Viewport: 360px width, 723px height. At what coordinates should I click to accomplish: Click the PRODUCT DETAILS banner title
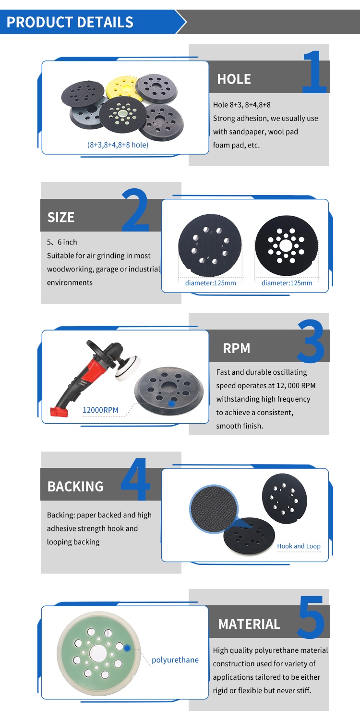70,22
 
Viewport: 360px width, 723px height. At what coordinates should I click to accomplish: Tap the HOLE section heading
234,79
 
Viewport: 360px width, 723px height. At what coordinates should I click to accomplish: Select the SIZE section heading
60,217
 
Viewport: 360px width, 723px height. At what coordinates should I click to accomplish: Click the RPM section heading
237,349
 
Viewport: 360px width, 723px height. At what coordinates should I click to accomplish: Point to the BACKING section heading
75,487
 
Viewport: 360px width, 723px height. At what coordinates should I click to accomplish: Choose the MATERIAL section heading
249,624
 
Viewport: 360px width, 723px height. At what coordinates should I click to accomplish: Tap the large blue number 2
135,210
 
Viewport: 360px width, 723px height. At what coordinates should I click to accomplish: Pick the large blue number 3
311,341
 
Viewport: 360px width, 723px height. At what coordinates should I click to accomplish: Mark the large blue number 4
136,479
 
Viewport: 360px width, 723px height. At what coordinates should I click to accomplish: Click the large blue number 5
311,617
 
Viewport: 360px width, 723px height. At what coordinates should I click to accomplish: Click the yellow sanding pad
122,86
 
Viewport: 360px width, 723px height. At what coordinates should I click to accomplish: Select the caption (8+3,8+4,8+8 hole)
118,145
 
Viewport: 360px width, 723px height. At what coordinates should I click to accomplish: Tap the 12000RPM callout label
100,410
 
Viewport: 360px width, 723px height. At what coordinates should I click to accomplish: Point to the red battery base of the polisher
59,412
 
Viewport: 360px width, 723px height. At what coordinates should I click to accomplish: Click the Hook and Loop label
299,546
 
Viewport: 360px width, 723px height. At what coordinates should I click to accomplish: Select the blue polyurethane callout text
175,660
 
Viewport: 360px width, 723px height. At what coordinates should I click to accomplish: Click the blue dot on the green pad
127,648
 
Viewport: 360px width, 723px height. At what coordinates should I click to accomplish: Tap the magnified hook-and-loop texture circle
214,509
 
